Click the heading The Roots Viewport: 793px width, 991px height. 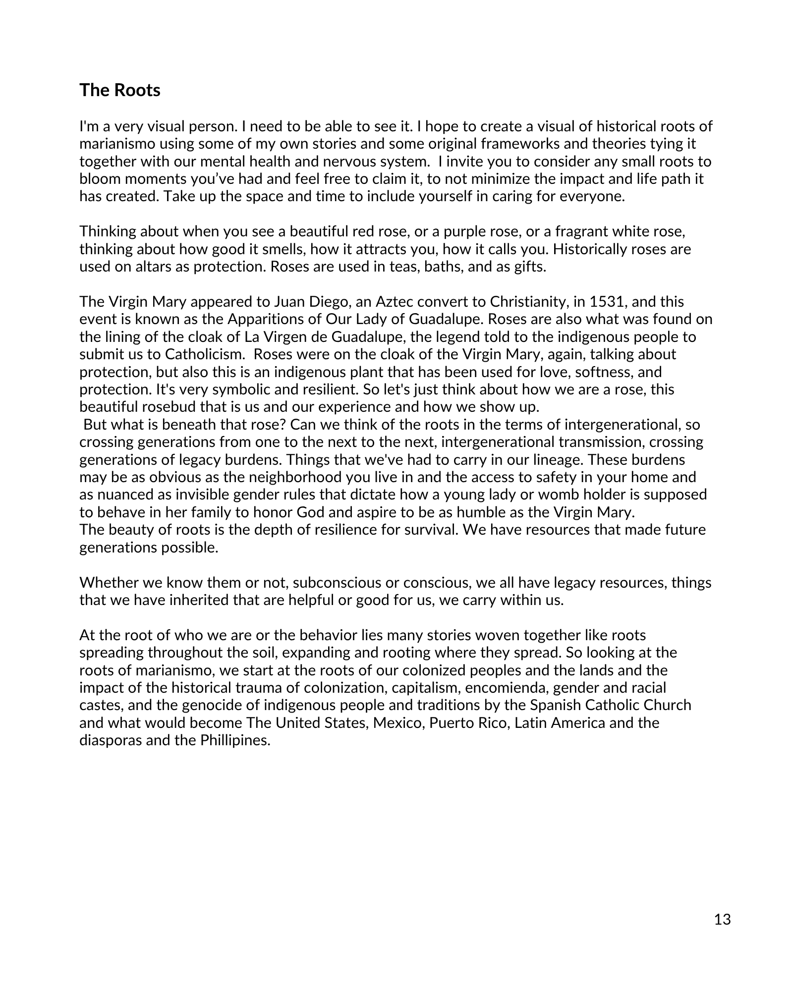(120, 90)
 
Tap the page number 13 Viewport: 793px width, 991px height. (723, 920)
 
